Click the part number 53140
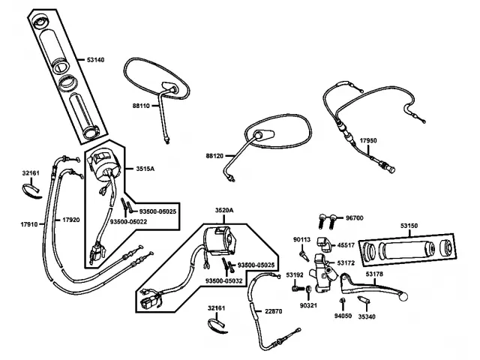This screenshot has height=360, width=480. tap(95, 60)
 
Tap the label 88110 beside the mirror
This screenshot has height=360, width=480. tap(141, 106)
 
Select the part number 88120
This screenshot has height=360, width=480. tap(214, 156)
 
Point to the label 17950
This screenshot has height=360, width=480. tap(368, 141)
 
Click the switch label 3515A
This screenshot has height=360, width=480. tap(145, 169)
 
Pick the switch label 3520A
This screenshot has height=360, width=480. tap(224, 210)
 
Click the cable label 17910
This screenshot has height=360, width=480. tap(29, 224)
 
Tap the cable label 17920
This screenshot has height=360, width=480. tap(71, 220)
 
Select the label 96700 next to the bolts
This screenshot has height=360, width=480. tap(355, 218)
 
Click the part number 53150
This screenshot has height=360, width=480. tap(409, 226)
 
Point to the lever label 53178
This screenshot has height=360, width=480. tap(374, 274)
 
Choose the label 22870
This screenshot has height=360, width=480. tap(273, 311)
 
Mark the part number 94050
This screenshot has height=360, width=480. tap(343, 316)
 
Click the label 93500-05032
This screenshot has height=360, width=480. tap(223, 280)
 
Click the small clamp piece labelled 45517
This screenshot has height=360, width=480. tap(324, 244)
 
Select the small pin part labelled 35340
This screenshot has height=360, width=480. tap(364, 300)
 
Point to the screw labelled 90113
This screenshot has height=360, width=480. tap(304, 255)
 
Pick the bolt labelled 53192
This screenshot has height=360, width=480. tap(297, 288)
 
